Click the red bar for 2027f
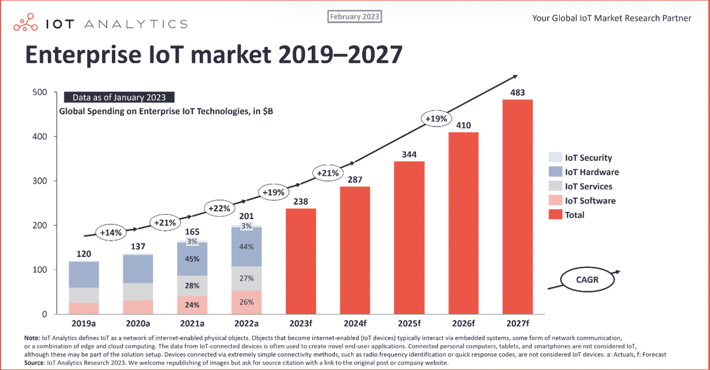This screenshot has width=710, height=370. [518, 207]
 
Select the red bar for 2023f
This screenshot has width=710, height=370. [301, 261]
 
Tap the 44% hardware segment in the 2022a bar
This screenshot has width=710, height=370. [247, 247]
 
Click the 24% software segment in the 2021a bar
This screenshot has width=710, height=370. [192, 305]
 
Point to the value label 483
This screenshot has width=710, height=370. [518, 93]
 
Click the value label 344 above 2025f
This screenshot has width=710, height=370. [409, 154]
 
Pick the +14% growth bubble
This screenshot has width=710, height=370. [111, 232]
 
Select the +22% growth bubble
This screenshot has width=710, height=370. [219, 209]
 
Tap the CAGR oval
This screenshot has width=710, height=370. [587, 280]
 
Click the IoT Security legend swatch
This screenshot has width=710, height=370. [555, 157]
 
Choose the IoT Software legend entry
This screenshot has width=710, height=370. [582, 200]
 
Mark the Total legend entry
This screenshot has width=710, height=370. [566, 215]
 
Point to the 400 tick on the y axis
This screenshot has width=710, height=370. [39, 136]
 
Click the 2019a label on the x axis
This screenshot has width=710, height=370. [84, 323]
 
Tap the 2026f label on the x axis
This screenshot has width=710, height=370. [463, 323]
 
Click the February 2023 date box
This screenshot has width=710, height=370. [354, 17]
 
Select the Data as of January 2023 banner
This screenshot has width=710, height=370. [119, 97]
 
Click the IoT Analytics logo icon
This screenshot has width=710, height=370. [26, 22]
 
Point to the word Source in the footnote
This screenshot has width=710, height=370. [34, 363]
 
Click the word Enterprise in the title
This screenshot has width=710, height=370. [83, 55]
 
